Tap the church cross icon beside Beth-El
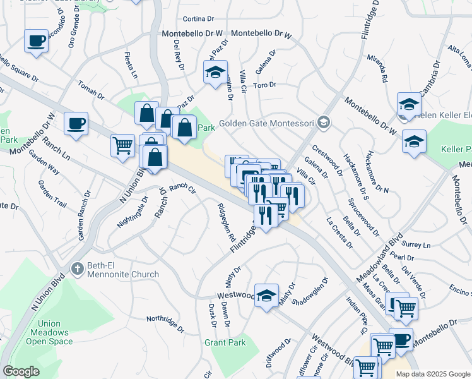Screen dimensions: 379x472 click(x=77, y=268)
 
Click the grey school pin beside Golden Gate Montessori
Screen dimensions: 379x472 click(x=324, y=122)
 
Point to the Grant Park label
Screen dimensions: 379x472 click(x=225, y=342)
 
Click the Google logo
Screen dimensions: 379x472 click(x=21, y=371)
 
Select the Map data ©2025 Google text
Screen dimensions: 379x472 click(x=432, y=374)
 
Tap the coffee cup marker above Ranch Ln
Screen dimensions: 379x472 click(x=76, y=123)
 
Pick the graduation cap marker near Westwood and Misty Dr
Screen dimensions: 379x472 click(x=266, y=295)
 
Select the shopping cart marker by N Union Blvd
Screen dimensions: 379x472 click(x=122, y=145)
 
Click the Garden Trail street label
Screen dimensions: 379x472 click(x=52, y=194)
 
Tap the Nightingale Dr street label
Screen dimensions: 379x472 click(x=132, y=212)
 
